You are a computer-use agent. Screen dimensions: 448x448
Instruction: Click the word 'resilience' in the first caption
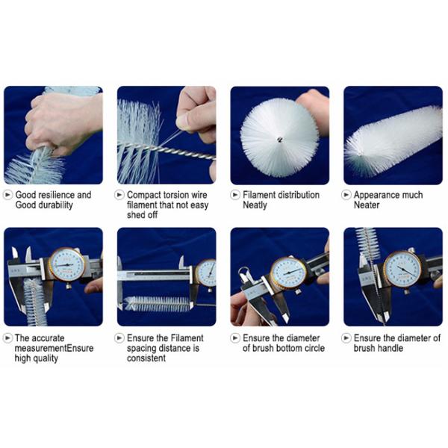(x=56, y=195)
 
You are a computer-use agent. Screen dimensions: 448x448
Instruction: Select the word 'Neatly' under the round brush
(x=255, y=205)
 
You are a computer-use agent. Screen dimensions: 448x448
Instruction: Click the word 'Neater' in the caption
(x=367, y=205)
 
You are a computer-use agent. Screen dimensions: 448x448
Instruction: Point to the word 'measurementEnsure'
(x=54, y=348)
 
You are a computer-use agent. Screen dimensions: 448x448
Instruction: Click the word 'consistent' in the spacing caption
(x=146, y=358)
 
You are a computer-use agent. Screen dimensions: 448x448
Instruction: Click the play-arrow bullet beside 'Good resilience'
(x=7, y=195)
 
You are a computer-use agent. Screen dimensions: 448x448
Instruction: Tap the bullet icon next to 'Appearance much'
(x=346, y=195)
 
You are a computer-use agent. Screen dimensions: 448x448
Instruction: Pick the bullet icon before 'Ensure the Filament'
(x=119, y=338)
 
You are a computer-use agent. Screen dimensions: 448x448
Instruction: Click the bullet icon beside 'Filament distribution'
(x=235, y=195)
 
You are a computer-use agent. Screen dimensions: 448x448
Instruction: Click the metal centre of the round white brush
(x=279, y=140)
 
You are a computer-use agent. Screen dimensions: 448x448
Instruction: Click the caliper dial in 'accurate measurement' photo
(x=67, y=264)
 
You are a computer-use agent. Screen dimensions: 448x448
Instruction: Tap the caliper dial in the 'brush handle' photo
(x=402, y=270)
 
